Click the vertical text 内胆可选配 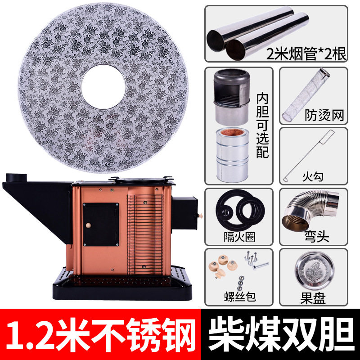pos(262,125)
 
